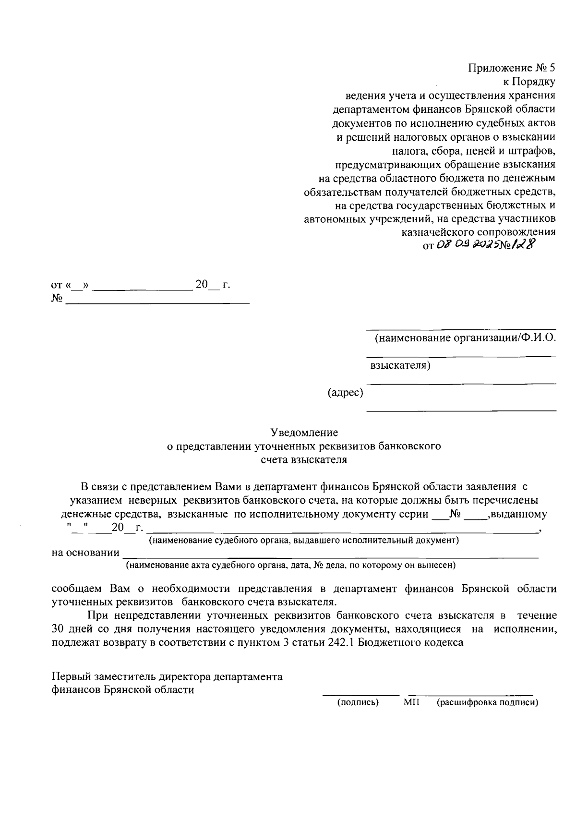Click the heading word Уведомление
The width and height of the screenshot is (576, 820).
[x=304, y=432]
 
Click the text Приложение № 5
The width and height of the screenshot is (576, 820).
[x=512, y=68]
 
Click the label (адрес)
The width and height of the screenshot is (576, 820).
[x=345, y=393]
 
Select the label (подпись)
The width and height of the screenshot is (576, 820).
[x=358, y=702]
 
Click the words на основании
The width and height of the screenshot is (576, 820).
[x=85, y=553]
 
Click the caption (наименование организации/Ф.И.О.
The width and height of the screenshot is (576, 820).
[x=465, y=338]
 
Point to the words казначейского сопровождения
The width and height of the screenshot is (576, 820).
[x=478, y=232]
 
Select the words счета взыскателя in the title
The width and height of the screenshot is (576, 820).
[x=303, y=459]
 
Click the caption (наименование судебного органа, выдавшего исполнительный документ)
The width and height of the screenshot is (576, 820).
[x=304, y=540]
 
